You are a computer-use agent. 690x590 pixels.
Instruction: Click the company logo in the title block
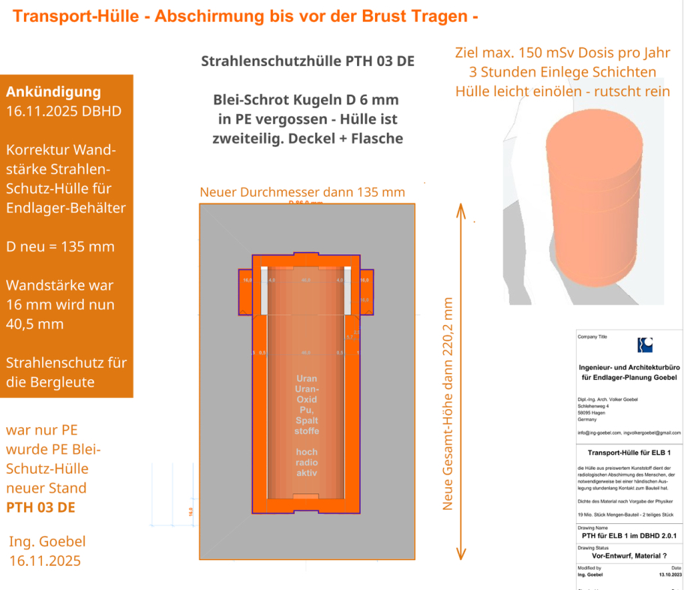coord(644,345)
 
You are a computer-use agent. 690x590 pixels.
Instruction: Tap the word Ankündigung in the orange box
coord(53,92)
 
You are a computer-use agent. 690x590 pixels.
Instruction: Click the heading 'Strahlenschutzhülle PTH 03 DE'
coord(307,62)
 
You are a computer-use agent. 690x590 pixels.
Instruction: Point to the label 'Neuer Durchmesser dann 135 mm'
coord(302,192)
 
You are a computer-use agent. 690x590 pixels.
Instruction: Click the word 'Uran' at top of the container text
coord(307,379)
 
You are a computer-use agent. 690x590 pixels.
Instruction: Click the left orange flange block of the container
coord(246,291)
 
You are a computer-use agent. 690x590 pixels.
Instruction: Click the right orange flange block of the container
coord(365,291)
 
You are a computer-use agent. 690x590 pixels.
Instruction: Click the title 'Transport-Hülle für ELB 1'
coord(628,453)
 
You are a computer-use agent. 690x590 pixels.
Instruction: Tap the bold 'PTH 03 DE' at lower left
coord(40,507)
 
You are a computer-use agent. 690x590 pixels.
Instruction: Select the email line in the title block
coord(628,432)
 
